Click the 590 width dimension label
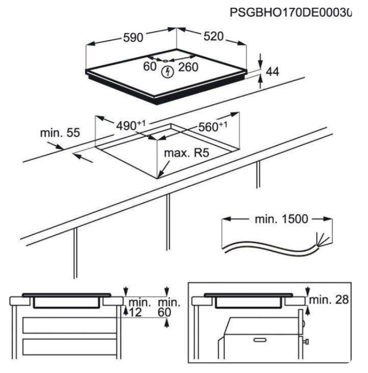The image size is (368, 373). point(133,38)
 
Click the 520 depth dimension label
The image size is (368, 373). point(213,36)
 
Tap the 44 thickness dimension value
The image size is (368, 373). point(272,72)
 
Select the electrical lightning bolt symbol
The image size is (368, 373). point(168,72)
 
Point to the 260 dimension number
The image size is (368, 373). point(188,67)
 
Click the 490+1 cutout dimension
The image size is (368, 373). point(131,125)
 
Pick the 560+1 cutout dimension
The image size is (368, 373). point(213,126)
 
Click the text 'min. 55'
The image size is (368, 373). point(60,133)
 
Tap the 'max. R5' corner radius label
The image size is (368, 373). point(187,153)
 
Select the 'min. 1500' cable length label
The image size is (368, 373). point(281,219)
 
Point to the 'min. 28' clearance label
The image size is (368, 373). point(329,300)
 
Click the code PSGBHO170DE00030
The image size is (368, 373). point(291,12)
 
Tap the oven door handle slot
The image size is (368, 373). point(260,340)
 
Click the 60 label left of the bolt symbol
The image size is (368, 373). point(149,66)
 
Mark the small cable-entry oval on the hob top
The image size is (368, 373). point(166,61)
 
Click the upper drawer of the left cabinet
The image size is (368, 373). point(70,325)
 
